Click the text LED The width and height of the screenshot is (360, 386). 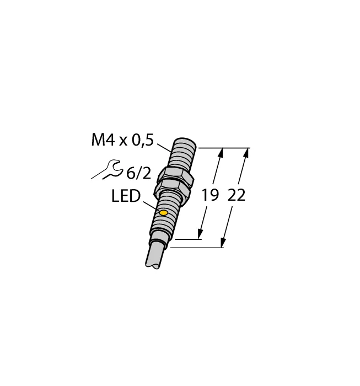(126, 196)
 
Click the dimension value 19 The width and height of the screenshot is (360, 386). (210, 196)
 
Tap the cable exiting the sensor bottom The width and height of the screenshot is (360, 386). (154, 258)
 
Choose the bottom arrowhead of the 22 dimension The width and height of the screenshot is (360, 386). (223, 243)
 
